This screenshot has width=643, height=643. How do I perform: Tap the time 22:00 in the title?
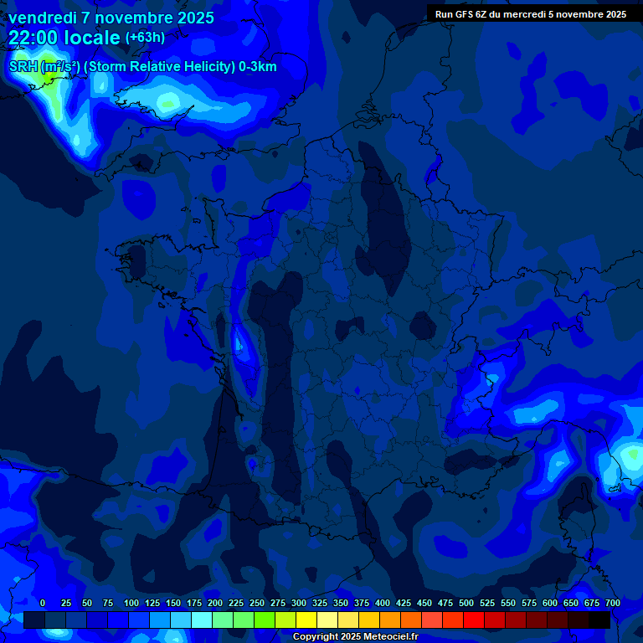(33, 37)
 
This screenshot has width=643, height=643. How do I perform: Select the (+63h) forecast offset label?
(145, 38)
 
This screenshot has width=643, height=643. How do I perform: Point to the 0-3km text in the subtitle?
(257, 67)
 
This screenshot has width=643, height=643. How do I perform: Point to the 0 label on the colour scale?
(43, 603)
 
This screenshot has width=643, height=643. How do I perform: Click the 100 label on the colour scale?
(131, 603)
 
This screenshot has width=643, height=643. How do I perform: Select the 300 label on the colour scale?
(299, 603)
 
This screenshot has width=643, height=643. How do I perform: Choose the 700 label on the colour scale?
(613, 603)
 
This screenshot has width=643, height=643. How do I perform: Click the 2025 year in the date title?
(193, 18)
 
